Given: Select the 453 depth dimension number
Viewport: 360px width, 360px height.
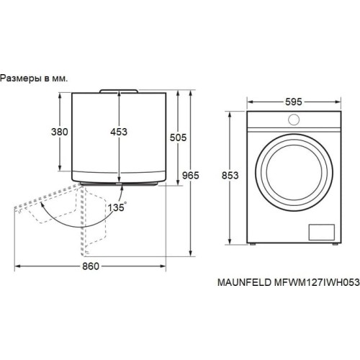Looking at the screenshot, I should (120, 132).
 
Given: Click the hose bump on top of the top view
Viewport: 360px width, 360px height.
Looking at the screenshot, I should (120, 90).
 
